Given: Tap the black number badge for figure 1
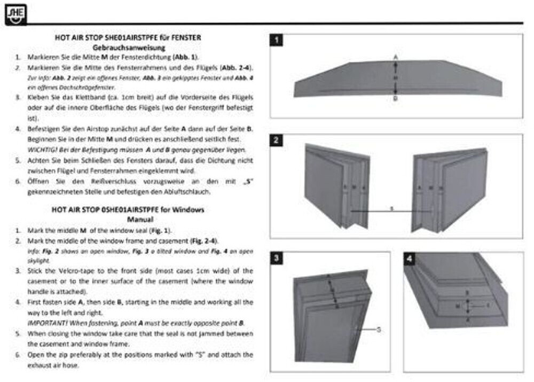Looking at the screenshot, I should pyautogui.click(x=277, y=40).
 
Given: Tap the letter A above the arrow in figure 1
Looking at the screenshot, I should pyautogui.click(x=395, y=56).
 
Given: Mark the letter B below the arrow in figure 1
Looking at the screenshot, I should pyautogui.click(x=395, y=99).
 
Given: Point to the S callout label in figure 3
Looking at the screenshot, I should pyautogui.click(x=379, y=330).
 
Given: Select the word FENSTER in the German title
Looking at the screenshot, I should pyautogui.click(x=189, y=38).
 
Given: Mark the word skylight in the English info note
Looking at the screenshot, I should pyautogui.click(x=39, y=260).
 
